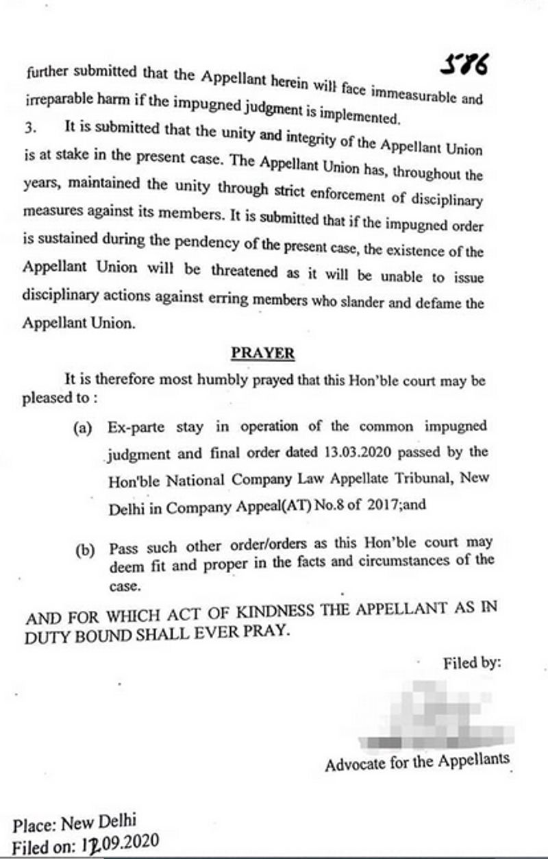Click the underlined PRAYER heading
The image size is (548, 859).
pos(263,353)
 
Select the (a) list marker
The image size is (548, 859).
pos(83,428)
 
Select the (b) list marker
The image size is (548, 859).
pos(85,551)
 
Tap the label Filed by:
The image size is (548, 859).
pos(472,663)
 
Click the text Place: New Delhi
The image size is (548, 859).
pos(74,822)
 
